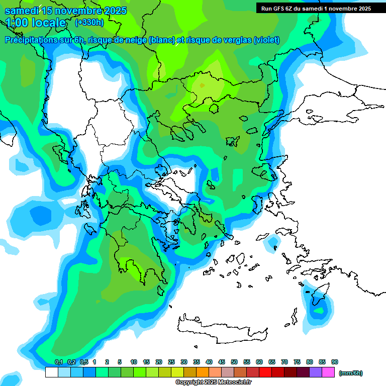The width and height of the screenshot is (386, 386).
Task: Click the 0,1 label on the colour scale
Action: [59, 362]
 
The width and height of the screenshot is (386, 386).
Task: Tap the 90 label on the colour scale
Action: [335, 362]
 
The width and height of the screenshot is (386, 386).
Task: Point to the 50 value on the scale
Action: [234, 362]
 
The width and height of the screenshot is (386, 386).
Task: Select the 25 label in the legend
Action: [171, 362]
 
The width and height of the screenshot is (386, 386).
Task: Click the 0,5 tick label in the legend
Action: [84, 362]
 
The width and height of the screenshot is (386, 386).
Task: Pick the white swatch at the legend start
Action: [51, 372]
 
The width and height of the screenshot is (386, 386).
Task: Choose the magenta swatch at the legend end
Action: [328, 372]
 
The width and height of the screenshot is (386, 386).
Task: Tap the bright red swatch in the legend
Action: [265, 372]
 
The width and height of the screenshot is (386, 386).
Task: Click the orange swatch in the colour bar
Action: [203, 372]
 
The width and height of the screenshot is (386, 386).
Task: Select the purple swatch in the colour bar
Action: [316, 372]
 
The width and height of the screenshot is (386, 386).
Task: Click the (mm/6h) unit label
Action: [350, 373]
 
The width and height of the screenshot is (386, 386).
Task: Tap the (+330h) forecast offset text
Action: [89, 22]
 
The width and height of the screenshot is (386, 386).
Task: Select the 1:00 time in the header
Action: [18, 23]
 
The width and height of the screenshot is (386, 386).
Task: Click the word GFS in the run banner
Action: [282, 9]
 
